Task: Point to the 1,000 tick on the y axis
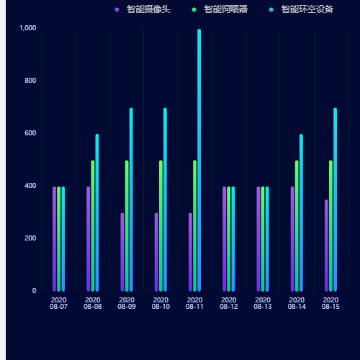(27, 27)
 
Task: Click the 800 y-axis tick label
(30, 80)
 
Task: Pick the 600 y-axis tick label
(30, 132)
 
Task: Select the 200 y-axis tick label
(30, 238)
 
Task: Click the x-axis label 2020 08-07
(58, 303)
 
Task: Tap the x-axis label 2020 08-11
(194, 303)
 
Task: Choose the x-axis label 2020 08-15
(330, 303)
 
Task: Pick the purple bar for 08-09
(122, 251)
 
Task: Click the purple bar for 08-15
(326, 245)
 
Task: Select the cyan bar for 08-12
(233, 238)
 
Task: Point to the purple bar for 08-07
(54, 238)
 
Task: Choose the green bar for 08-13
(263, 238)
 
